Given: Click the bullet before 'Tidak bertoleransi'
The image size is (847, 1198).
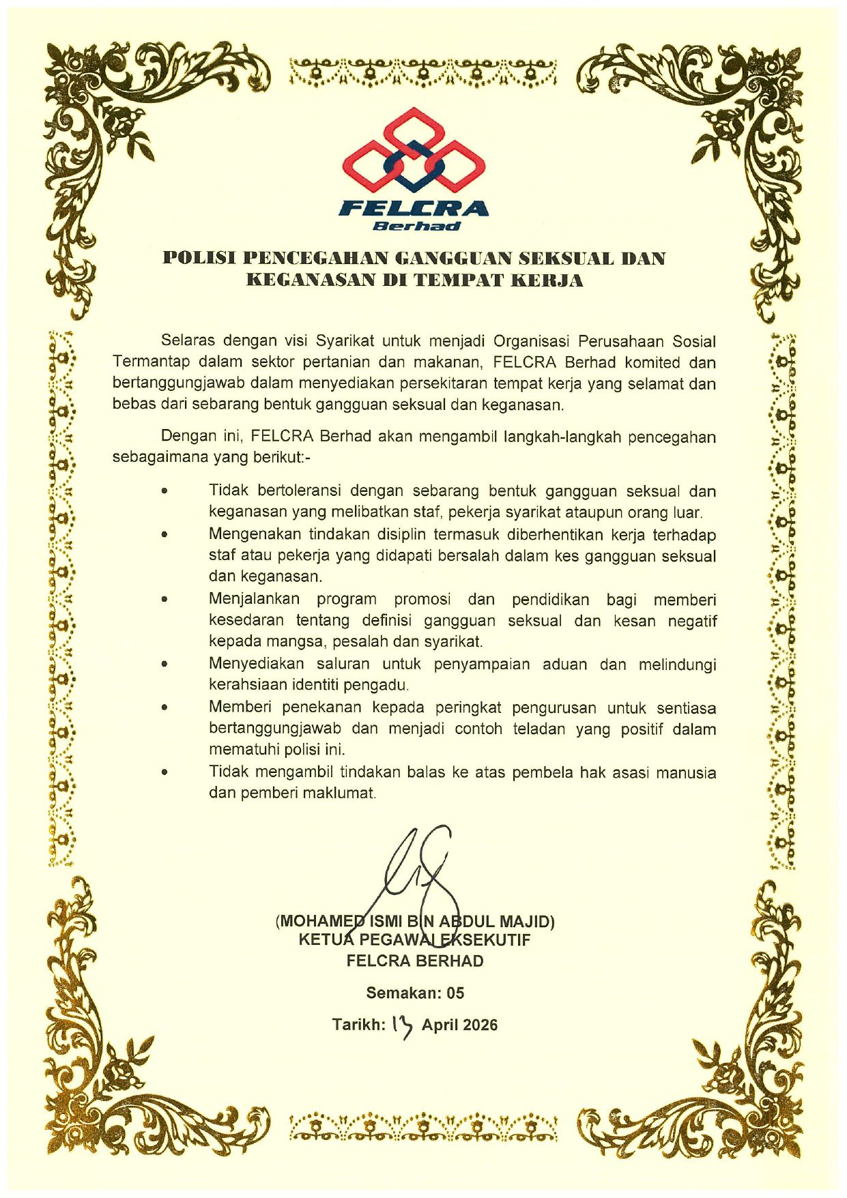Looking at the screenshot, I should tap(164, 491).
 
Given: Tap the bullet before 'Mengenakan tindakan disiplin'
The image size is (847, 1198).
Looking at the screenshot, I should tap(164, 534).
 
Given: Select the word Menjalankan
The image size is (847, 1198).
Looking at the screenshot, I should tap(254, 599).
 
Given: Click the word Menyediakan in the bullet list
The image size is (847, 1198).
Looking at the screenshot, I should tap(256, 664).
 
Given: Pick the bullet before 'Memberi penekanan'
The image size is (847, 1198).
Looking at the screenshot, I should tap(164, 707).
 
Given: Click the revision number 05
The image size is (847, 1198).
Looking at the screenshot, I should tap(455, 993).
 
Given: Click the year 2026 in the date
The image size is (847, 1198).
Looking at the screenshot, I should tap(480, 1025).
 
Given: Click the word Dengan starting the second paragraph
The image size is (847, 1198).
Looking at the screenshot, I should tap(185, 437).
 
